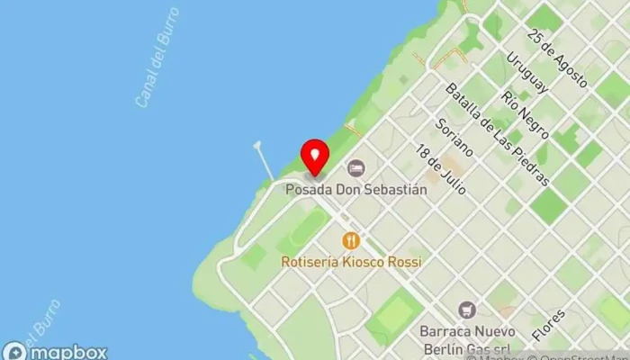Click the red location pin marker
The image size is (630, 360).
314,157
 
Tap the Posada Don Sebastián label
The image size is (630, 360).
355,190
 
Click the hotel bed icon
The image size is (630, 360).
356,168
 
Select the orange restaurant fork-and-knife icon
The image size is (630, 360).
351,240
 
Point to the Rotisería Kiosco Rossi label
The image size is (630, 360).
351,262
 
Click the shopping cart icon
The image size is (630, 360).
466,310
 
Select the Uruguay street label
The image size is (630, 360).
526,72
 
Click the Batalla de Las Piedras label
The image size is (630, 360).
498,135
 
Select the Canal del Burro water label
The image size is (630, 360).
157,58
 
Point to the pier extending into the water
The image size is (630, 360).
264,159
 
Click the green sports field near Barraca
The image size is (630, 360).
394,315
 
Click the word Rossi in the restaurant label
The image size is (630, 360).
402,262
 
